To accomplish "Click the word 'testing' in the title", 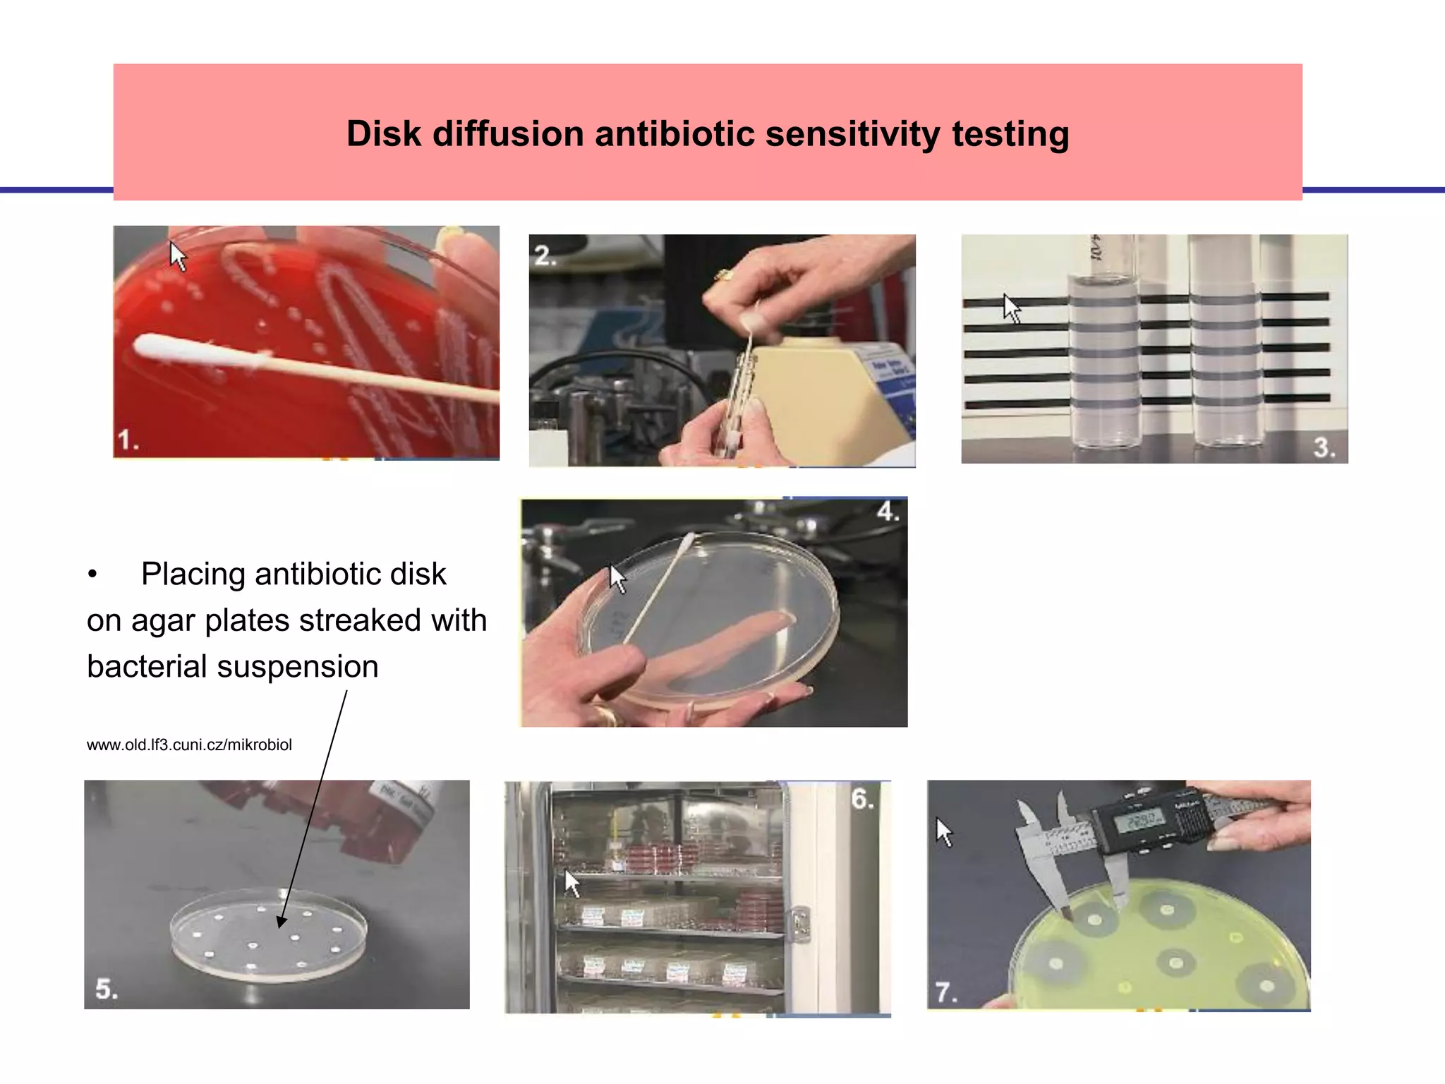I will pyautogui.click(x=1010, y=133).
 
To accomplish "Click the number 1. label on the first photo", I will pyautogui.click(x=128, y=440).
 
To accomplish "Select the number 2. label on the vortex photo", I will pyautogui.click(x=545, y=255).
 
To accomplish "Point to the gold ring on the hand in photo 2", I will pyautogui.click(x=722, y=275).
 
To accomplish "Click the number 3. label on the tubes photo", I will pyautogui.click(x=1324, y=447).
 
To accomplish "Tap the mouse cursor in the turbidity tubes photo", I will pyautogui.click(x=1012, y=308).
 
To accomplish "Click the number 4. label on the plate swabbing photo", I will pyautogui.click(x=887, y=511).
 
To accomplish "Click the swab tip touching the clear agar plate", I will pyautogui.click(x=687, y=543).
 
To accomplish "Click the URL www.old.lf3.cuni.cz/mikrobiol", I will pyautogui.click(x=189, y=745).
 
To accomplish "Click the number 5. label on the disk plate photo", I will pyautogui.click(x=107, y=989).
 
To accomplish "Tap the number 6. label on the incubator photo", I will pyautogui.click(x=861, y=799).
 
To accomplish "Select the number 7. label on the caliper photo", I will pyautogui.click(x=945, y=992).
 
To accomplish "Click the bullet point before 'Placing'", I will pyautogui.click(x=92, y=574).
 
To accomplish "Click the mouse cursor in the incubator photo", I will pyautogui.click(x=572, y=883).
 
